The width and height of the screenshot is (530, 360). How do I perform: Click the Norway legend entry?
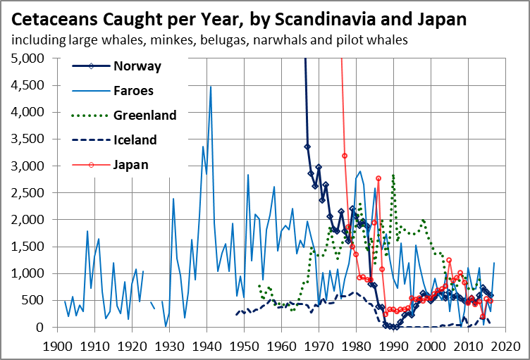click(137, 67)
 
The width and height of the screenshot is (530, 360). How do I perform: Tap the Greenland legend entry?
click(144, 115)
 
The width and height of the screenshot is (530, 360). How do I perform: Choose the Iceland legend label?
click(135, 139)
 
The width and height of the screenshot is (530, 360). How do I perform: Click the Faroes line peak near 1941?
click(210, 87)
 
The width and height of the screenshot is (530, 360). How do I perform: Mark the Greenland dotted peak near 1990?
click(393, 174)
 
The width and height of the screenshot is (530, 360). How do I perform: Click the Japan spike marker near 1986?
click(378, 178)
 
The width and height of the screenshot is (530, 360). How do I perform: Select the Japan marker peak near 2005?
click(449, 260)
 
